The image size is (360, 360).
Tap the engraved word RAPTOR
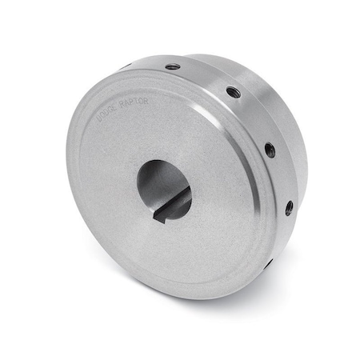tap(134, 103)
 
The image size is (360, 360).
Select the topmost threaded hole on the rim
tap(173, 66)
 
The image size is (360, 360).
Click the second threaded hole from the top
tap(233, 92)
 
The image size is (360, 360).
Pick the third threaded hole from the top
tap(270, 149)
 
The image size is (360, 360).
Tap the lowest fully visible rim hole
tap(288, 208)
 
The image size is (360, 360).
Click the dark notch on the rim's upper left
tap(126, 66)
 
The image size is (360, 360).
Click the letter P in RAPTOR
tap(132, 104)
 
